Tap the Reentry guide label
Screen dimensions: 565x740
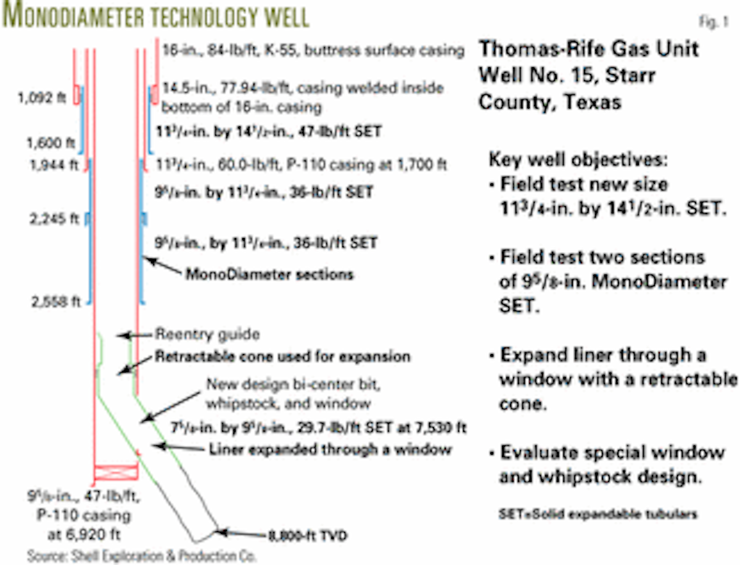(207, 335)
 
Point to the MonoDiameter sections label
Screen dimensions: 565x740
(269, 273)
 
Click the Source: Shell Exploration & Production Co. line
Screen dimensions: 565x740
(141, 555)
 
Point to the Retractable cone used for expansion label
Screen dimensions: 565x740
(282, 357)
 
